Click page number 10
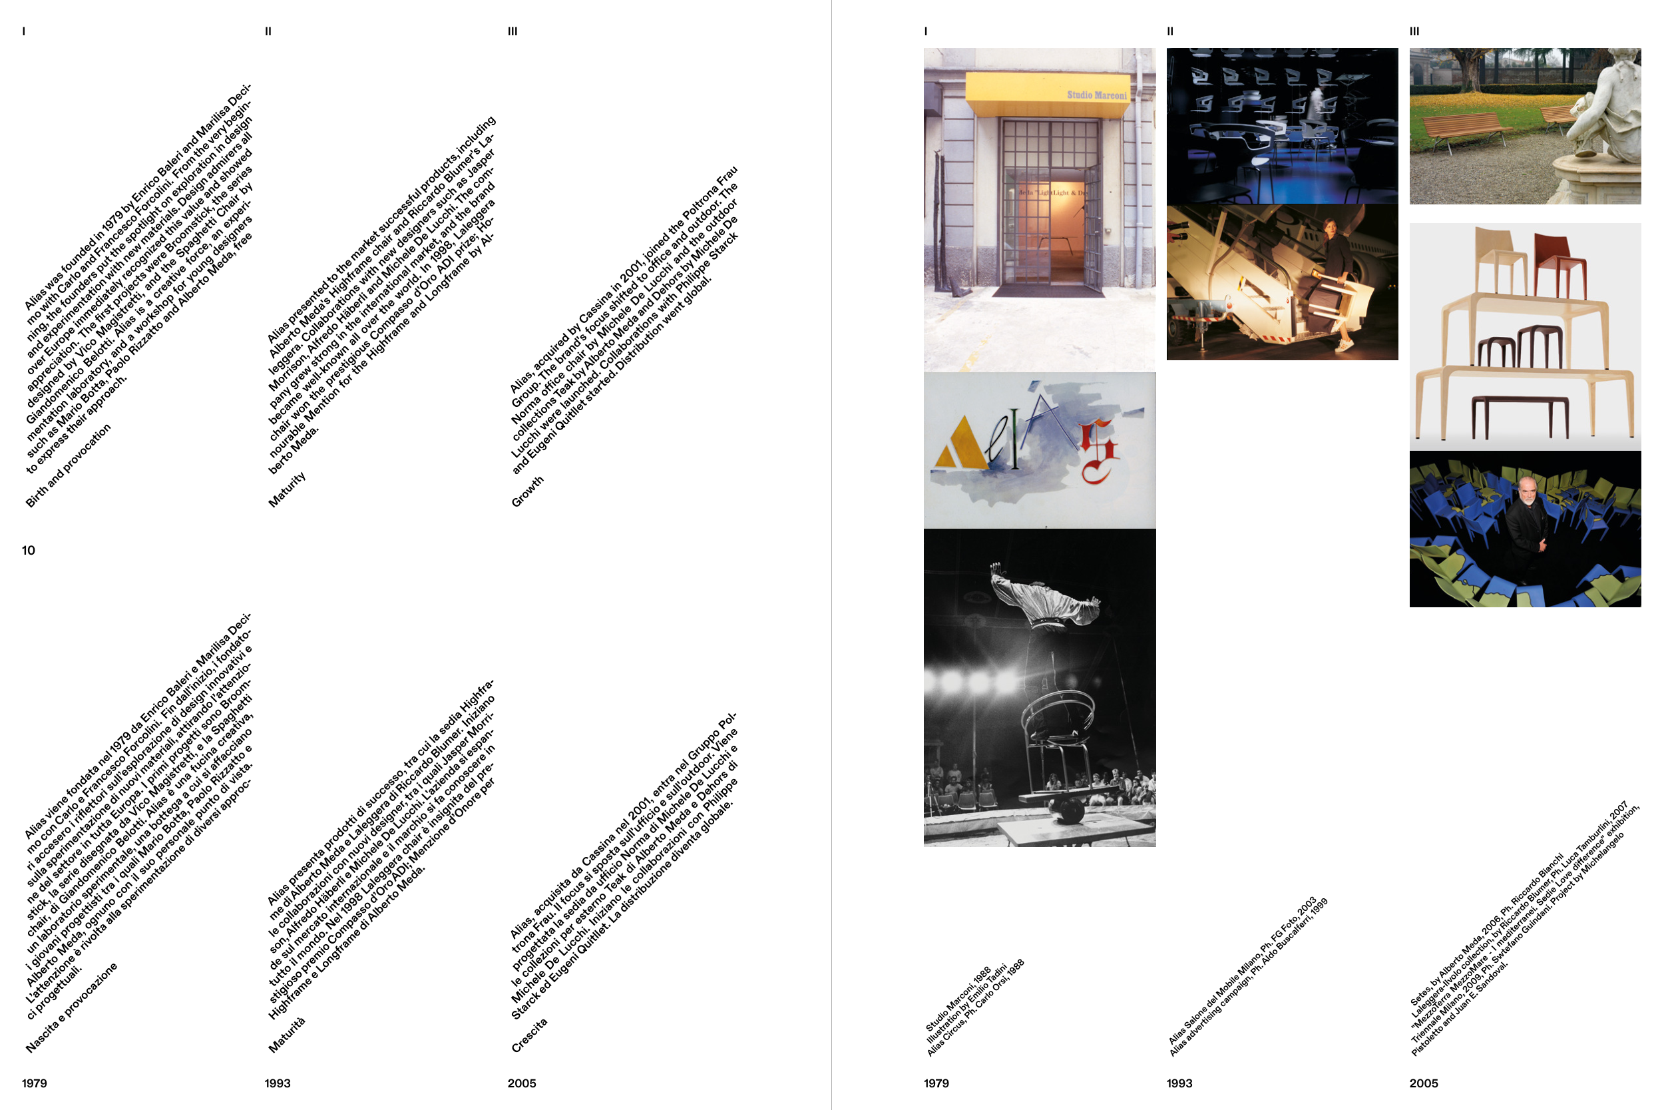pos(29,551)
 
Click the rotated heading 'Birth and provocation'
pos(69,466)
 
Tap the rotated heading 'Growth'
pos(528,491)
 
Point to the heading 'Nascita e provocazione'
pos(71,1007)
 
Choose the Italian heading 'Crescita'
pos(529,1035)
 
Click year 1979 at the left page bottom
pos(35,1083)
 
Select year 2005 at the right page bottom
pos(1424,1083)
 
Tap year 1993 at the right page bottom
pos(1179,1083)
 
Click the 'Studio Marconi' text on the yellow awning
pos(1097,95)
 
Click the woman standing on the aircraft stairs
pos(1336,279)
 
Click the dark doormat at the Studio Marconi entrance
pos(1047,290)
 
